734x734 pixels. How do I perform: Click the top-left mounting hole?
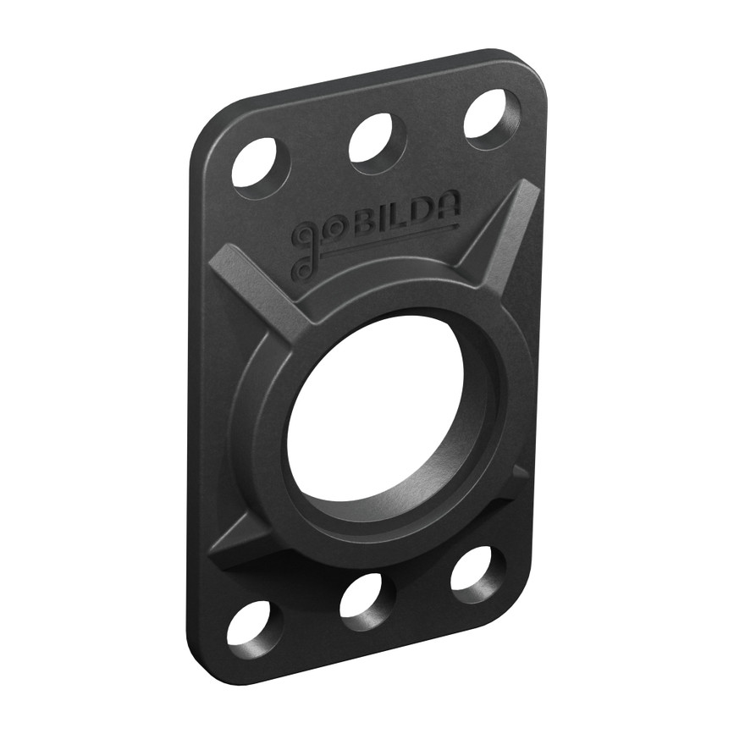click(x=257, y=164)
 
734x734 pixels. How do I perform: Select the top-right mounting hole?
click(x=490, y=115)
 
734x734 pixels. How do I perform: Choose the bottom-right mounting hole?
click(x=476, y=570)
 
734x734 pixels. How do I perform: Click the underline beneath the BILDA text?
click(x=389, y=240)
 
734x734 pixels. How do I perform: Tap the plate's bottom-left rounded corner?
click(x=203, y=665)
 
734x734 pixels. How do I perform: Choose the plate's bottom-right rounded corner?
click(x=516, y=593)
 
